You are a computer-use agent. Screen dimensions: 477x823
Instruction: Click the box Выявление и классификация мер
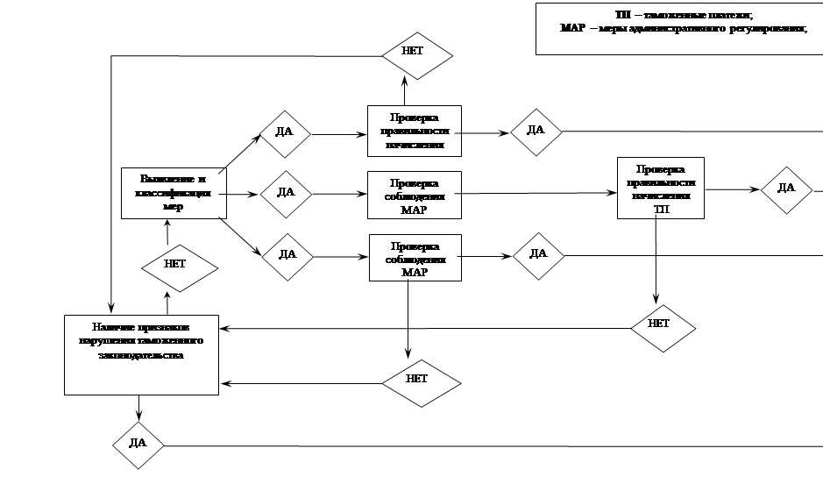click(173, 192)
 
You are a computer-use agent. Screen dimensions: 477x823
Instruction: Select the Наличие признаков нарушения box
click(141, 353)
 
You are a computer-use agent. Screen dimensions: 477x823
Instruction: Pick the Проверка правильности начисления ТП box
click(660, 189)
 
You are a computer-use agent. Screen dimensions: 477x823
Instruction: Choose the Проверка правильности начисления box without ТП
click(415, 132)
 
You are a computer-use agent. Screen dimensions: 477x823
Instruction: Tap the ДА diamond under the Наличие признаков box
click(138, 444)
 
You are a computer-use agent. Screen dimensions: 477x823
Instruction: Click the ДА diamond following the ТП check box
click(785, 189)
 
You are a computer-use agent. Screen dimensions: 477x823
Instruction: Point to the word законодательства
click(141, 356)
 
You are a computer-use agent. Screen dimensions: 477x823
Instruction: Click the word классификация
click(173, 193)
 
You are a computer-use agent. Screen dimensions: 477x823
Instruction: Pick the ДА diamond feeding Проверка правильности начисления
click(285, 132)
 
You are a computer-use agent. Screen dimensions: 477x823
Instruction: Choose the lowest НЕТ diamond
click(420, 380)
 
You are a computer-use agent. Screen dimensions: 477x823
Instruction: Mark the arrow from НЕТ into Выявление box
click(167, 231)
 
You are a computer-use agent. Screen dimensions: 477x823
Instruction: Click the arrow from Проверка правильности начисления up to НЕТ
click(405, 91)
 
